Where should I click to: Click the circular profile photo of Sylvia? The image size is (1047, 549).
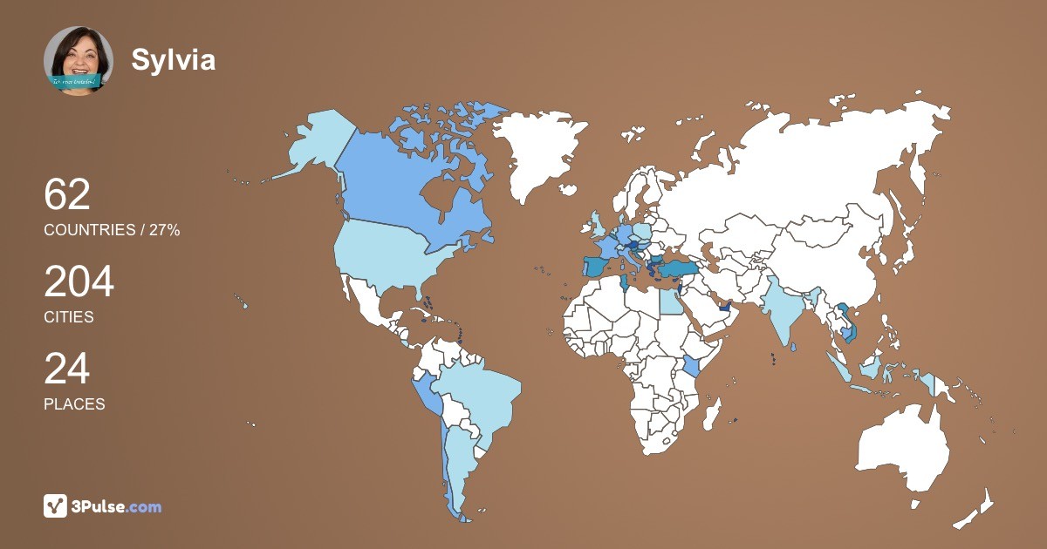tap(79, 61)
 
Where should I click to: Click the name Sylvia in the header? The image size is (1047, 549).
tap(174, 59)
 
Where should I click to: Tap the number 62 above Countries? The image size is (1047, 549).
tap(67, 194)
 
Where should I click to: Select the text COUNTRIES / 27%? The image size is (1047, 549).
tap(112, 230)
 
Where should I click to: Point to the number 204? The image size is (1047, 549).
tap(79, 282)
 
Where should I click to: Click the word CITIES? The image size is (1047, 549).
tap(69, 317)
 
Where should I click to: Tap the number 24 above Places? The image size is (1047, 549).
tap(67, 369)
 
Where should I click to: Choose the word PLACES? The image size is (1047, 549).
tap(74, 404)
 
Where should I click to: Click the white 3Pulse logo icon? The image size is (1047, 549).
tap(56, 506)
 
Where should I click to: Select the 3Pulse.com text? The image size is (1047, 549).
tap(117, 506)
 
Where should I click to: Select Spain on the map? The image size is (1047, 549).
tap(596, 266)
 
